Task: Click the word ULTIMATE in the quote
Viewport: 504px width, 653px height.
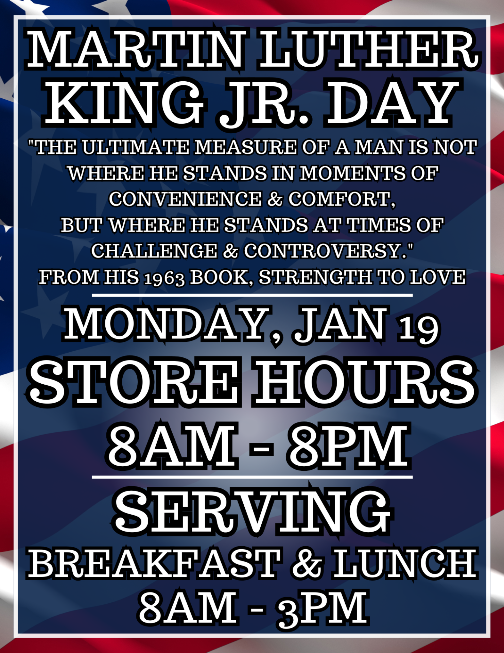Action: (x=136, y=147)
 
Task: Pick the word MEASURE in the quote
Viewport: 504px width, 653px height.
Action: (x=246, y=147)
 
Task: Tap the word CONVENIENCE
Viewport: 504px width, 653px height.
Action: (x=186, y=199)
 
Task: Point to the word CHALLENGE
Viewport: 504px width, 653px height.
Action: (x=154, y=251)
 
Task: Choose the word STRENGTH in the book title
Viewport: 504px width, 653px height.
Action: (x=315, y=277)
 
